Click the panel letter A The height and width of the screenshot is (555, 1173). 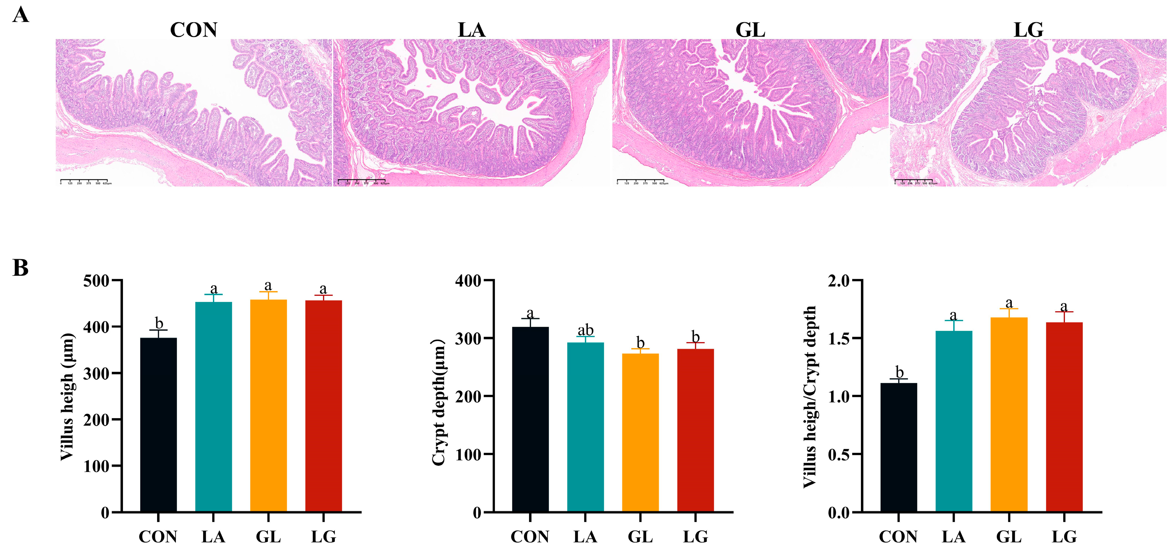tap(21, 15)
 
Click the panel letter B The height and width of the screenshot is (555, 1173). tap(21, 268)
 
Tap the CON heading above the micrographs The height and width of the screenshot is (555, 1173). tap(194, 30)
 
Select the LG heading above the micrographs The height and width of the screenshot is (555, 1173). tap(1028, 30)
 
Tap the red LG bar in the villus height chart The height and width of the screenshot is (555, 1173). tap(323, 406)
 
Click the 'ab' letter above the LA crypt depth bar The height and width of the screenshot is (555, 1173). tap(585, 330)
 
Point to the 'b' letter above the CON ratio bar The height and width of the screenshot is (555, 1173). tap(899, 372)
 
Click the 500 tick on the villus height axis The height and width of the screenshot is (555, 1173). tap(96, 281)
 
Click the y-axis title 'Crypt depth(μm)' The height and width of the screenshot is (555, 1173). tap(438, 402)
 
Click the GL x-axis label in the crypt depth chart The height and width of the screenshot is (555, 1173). tap(640, 537)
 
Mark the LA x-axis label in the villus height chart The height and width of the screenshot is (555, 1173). tap(213, 537)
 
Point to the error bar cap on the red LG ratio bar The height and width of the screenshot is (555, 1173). tap(1064, 312)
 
